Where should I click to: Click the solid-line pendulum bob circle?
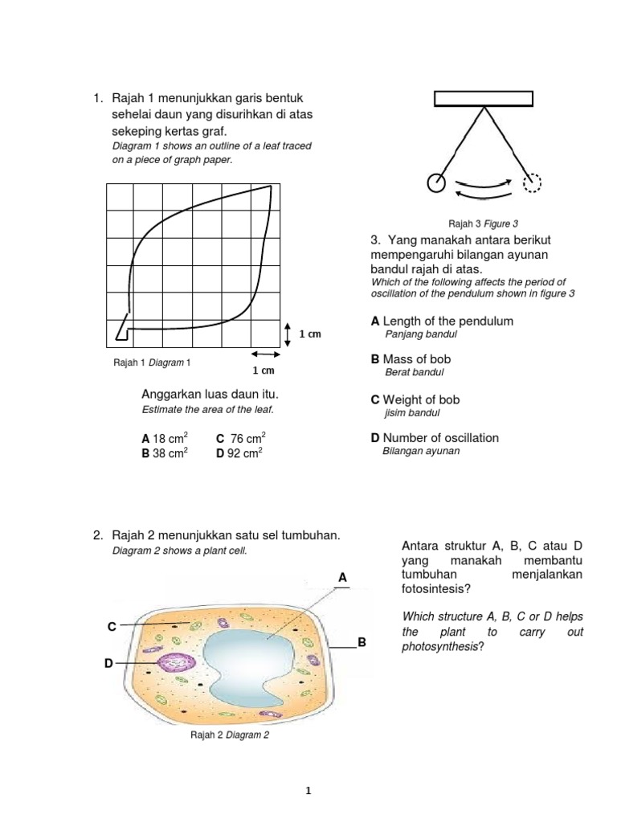(x=436, y=182)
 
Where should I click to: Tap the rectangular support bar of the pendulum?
(x=483, y=98)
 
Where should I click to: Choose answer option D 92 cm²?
(x=239, y=453)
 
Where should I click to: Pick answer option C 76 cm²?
(x=240, y=439)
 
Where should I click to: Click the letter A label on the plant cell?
(x=342, y=577)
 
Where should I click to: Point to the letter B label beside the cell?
(x=362, y=643)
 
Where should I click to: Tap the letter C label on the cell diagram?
(x=112, y=625)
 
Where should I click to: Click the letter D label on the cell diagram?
(x=108, y=663)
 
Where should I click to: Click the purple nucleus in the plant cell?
(x=175, y=664)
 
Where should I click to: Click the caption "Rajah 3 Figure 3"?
(x=483, y=223)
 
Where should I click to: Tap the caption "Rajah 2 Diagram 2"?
(x=229, y=735)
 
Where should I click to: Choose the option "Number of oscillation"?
(x=435, y=438)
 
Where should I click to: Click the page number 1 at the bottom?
(x=308, y=791)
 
